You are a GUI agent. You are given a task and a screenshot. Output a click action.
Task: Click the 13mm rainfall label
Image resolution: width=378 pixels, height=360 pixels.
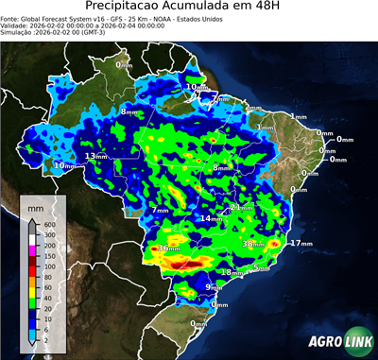(96, 156)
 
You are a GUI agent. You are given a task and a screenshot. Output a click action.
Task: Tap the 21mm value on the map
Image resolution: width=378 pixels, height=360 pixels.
(242, 207)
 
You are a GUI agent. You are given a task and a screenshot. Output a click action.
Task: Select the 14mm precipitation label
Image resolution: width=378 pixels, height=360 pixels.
(209, 218)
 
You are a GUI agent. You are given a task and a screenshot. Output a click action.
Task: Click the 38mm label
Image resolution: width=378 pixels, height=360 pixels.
(253, 244)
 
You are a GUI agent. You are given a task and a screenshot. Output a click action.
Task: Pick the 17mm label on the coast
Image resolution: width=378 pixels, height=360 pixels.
(301, 243)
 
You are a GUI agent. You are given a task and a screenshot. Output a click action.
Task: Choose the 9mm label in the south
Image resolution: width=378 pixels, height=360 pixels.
(214, 286)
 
